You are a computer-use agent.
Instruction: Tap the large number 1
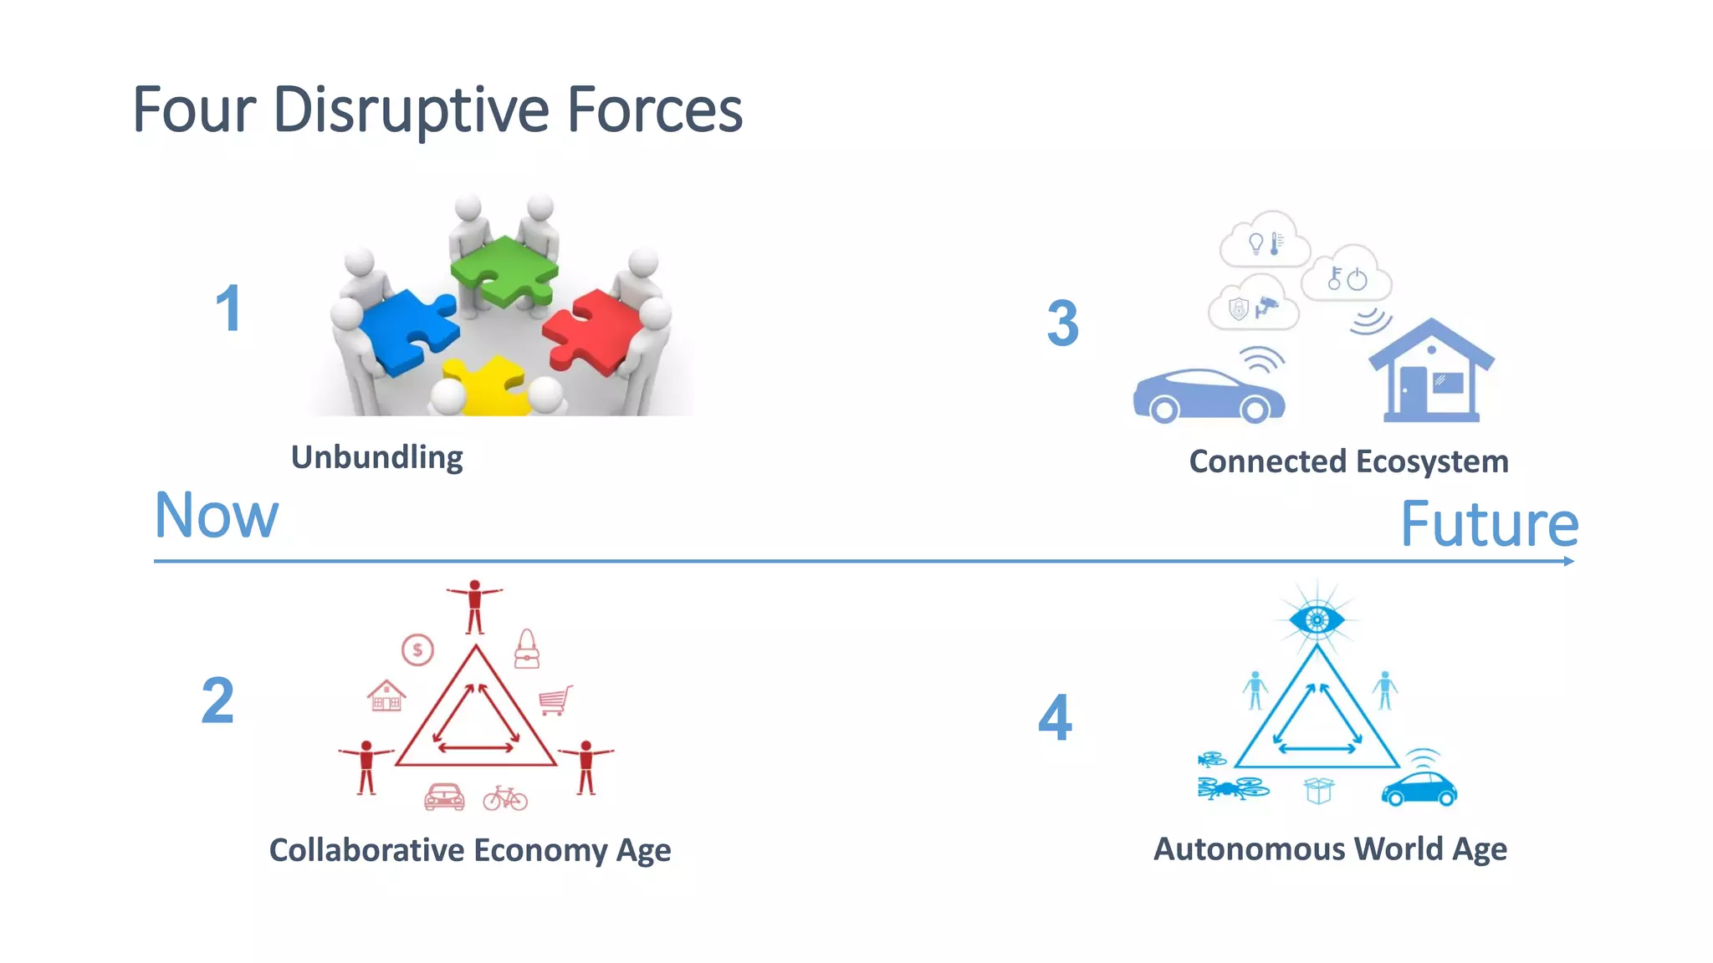(228, 308)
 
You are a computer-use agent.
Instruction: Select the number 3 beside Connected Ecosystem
(1062, 324)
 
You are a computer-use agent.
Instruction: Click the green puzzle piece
(504, 269)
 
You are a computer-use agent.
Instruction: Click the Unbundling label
(376, 457)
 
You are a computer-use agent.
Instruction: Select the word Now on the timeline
(217, 516)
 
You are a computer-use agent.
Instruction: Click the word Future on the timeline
(1489, 525)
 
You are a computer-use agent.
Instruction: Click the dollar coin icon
(417, 650)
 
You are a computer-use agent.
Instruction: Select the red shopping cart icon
(555, 700)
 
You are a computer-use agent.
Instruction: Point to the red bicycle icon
(505, 798)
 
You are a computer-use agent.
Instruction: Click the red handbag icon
(527, 650)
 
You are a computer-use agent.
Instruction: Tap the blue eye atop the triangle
(1317, 619)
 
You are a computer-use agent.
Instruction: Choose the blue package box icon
(1318, 790)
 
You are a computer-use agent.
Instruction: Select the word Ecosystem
(1432, 461)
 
